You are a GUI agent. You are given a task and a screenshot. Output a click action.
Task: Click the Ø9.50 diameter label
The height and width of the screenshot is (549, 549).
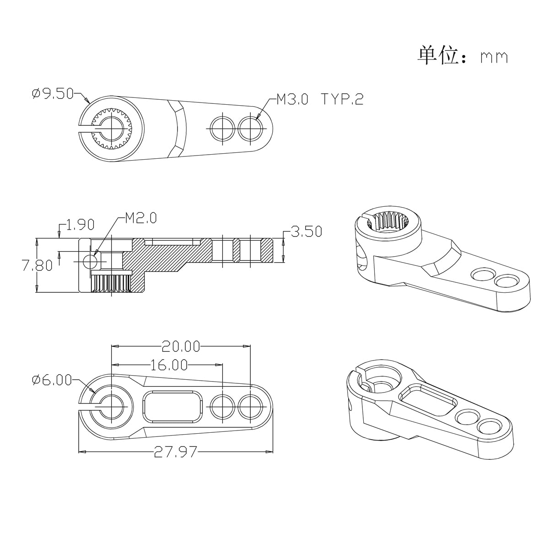coord(53,94)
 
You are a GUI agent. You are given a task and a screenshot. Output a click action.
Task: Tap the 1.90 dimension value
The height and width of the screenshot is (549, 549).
coord(80,224)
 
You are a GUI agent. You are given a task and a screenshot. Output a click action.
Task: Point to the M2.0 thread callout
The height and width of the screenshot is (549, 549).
coord(140,218)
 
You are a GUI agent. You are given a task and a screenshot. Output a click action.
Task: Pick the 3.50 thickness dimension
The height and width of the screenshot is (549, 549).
coord(306,231)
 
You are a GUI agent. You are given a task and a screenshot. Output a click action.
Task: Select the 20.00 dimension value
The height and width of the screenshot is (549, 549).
coord(181,346)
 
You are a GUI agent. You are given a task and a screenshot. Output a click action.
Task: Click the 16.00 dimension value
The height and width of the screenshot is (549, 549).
coord(169,365)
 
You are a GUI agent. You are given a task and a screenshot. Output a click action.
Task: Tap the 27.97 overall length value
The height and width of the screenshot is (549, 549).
coord(175,452)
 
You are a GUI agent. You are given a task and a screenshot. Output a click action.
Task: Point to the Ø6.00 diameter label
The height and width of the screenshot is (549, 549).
coord(52,380)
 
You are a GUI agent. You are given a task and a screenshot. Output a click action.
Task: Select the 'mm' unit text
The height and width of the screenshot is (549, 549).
coord(494,57)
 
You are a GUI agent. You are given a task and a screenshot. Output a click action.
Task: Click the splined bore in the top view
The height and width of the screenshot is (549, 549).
coord(111,128)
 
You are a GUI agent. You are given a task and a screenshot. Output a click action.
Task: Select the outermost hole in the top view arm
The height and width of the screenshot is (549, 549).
coord(251,128)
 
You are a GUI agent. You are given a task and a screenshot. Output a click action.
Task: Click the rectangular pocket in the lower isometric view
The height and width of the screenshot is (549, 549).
coord(428,399)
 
